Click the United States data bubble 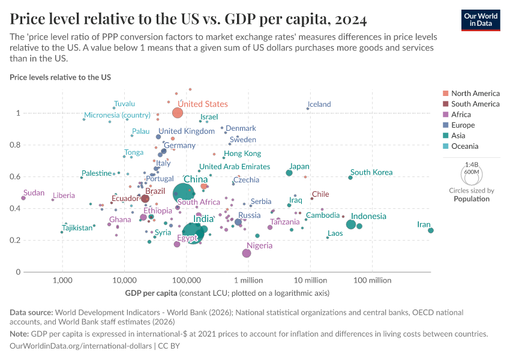click(177, 113)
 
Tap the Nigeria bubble click(247, 253)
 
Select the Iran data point click(431, 230)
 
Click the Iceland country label click(319, 104)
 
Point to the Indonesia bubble click(351, 224)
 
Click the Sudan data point click(23, 197)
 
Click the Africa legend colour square click(445, 115)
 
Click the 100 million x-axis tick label click(372, 280)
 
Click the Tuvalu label click(124, 104)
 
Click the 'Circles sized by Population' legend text click(471, 194)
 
